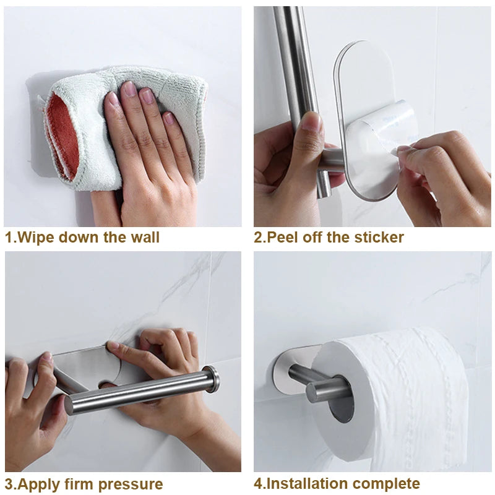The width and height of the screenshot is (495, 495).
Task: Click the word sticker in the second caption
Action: click(x=379, y=237)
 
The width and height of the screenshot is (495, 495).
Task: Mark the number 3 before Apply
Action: click(x=9, y=484)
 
